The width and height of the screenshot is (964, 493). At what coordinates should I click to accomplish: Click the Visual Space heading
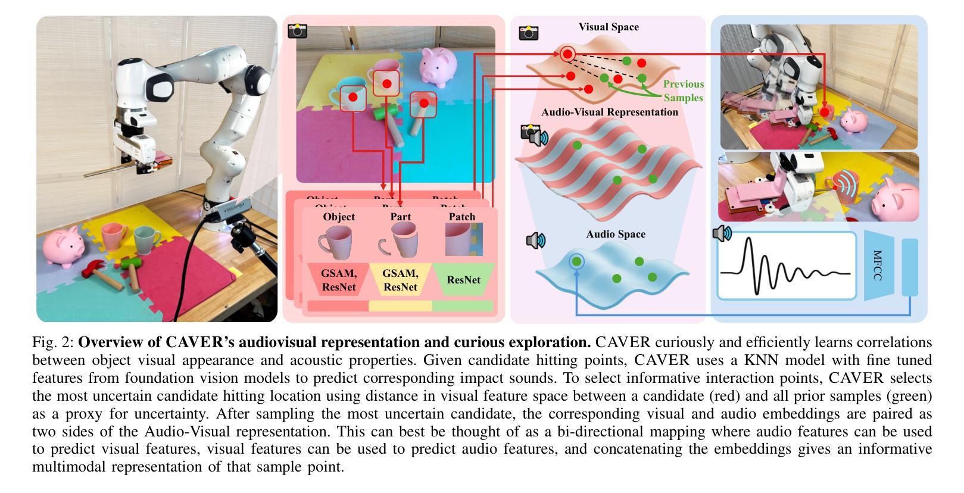tap(609, 27)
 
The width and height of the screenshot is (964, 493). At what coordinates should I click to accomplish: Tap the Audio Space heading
tap(616, 234)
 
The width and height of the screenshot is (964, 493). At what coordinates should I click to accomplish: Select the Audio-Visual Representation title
tap(609, 112)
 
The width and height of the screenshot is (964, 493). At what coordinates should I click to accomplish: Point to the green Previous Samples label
tap(683, 91)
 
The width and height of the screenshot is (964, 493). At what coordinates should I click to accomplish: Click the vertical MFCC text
tap(877, 265)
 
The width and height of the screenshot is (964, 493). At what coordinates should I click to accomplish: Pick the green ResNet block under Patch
tap(463, 279)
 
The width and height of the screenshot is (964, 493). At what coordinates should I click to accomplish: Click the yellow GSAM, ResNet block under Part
tap(400, 280)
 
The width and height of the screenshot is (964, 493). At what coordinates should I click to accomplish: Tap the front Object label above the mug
tap(339, 217)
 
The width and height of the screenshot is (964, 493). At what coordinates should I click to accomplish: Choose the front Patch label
tap(462, 217)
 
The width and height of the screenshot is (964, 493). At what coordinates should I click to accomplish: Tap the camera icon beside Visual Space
tap(528, 33)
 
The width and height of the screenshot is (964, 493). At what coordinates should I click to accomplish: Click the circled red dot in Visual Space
tap(567, 54)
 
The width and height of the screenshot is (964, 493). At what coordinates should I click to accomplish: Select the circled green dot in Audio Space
tap(576, 261)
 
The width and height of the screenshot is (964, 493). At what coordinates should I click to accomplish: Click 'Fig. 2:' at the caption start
tap(54, 342)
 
